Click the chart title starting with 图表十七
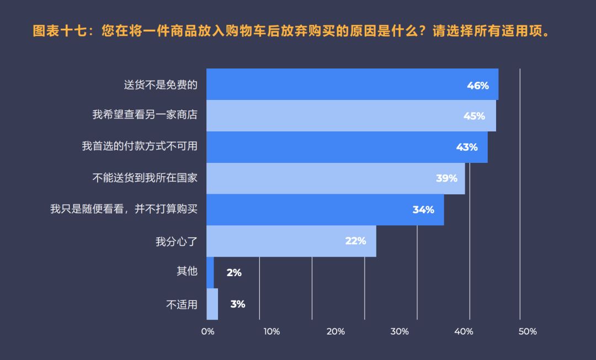coord(292,31)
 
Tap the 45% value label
coord(474,116)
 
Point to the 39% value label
coord(446,178)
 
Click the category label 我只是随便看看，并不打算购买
coord(124,210)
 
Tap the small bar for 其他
coord(210,272)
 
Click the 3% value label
coord(238,304)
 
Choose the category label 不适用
coord(182,304)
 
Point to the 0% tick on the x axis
coord(207,332)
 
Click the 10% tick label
coord(272,332)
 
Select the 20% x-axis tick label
coord(336,332)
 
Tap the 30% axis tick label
coord(400,332)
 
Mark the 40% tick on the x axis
coord(464,332)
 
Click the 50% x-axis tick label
coord(528,332)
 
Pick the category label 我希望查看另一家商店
coord(145,115)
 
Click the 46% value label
coord(478,85)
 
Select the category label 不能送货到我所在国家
coord(145,178)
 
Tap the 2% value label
coord(234,272)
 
